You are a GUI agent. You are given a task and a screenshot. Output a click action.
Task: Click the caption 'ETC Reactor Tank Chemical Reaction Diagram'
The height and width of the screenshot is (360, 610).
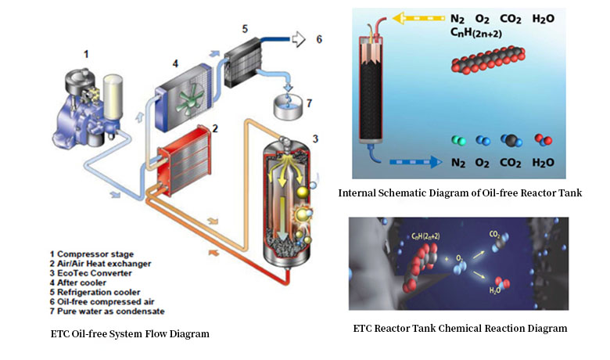pos(460,327)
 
